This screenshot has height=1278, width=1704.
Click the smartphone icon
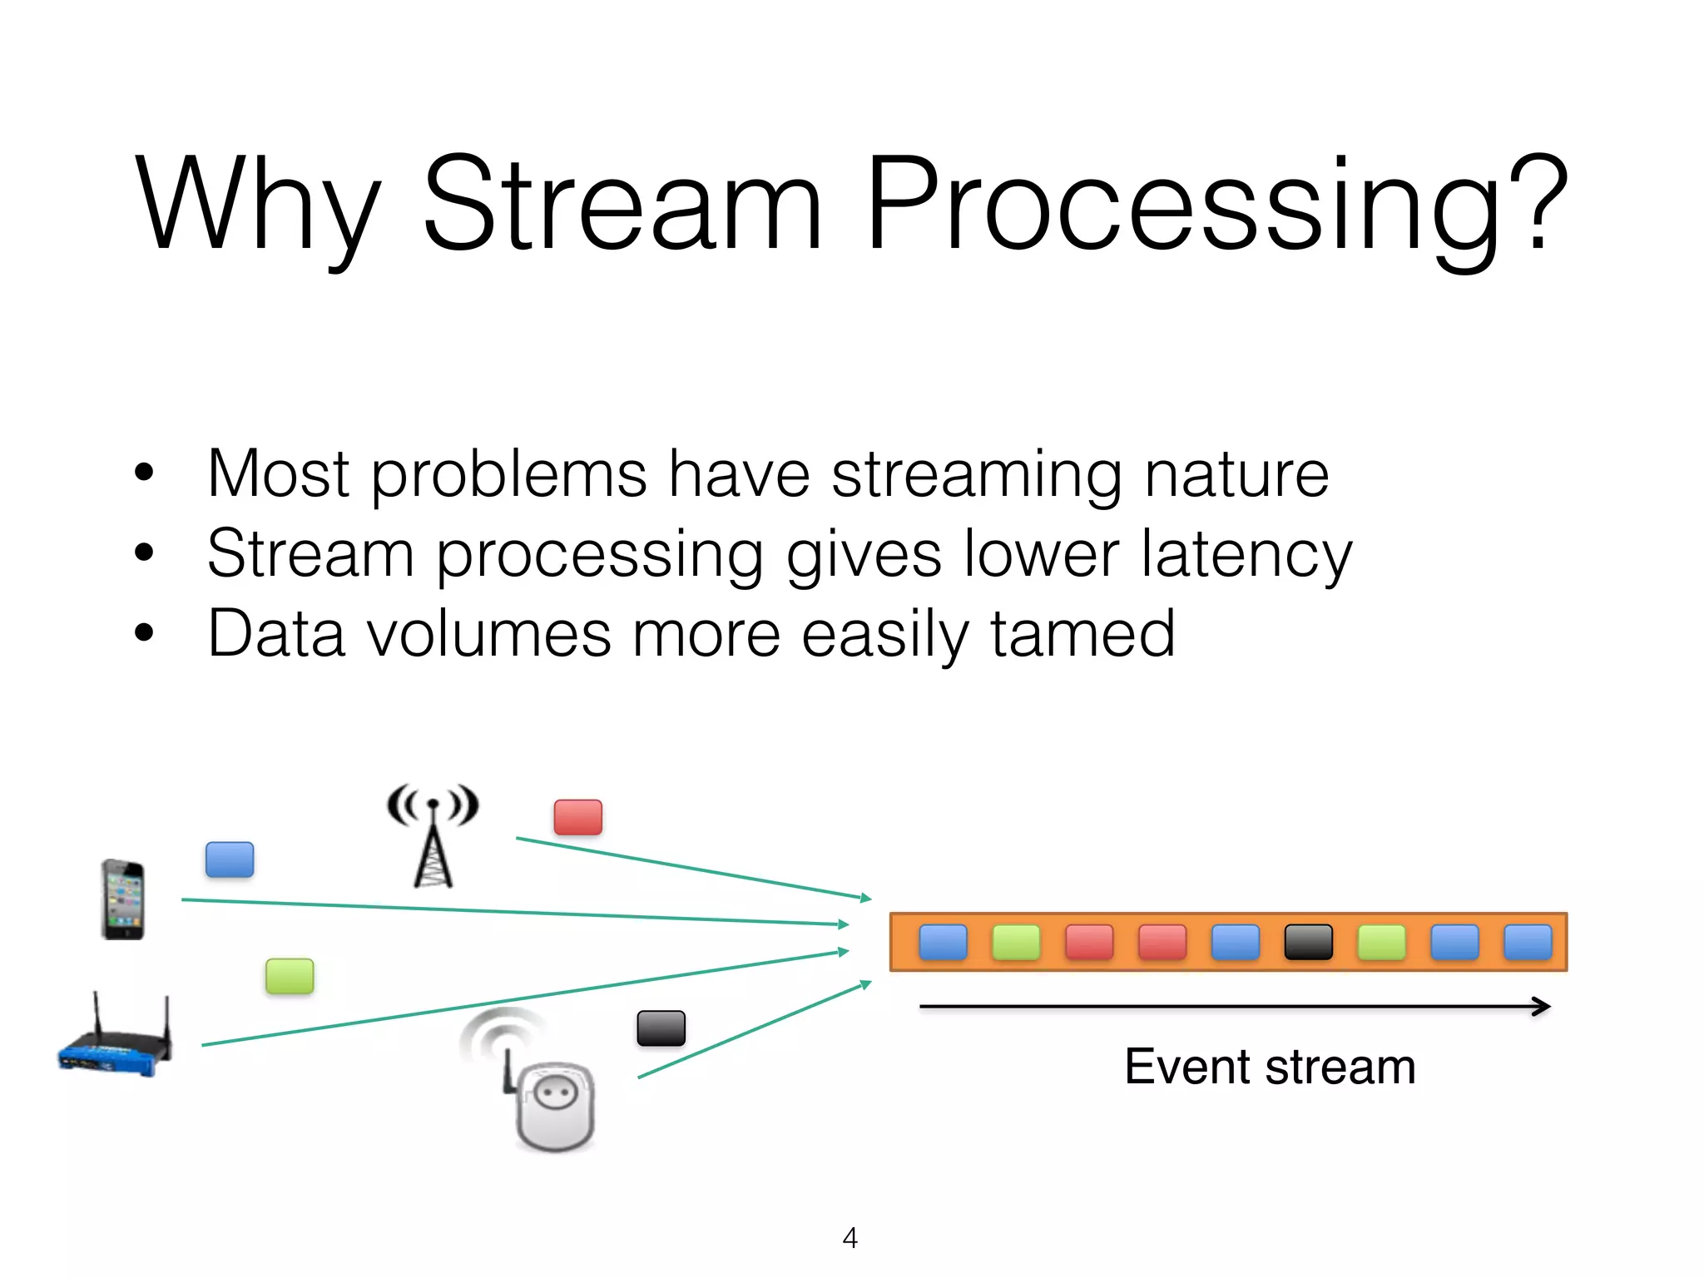(123, 899)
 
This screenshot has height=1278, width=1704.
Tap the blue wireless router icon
(115, 1040)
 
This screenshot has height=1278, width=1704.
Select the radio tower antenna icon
(433, 836)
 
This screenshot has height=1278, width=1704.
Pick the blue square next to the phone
(230, 859)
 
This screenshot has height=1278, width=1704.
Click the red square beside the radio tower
(578, 817)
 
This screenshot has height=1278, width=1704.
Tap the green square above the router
(290, 976)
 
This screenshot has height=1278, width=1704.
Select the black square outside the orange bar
(661, 1028)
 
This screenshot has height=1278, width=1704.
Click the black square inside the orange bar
(1309, 943)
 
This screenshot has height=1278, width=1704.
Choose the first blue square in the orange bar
(943, 943)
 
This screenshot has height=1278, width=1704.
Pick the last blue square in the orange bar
(1528, 943)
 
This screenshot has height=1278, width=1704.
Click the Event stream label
(1270, 1067)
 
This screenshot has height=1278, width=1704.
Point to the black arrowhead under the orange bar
(1542, 1007)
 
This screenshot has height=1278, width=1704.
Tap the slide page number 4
(850, 1238)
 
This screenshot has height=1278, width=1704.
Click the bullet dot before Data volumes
(144, 632)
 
